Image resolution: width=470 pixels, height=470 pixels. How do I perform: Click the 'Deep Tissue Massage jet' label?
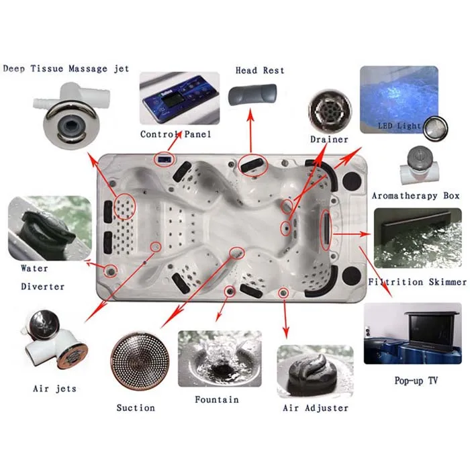point(66,70)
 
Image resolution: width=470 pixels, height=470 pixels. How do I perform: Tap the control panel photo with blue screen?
point(176,99)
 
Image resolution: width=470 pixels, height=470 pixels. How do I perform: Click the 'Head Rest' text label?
point(260,70)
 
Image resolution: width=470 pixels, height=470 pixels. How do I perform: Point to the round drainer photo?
point(329,110)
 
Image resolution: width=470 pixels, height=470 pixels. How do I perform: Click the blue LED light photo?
point(399,99)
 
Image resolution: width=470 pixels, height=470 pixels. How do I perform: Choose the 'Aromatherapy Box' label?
point(416,195)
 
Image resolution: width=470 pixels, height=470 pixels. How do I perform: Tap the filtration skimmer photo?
point(417,238)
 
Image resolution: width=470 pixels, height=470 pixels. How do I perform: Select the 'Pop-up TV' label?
point(416,381)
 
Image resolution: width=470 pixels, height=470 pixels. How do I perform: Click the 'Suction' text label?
point(136,408)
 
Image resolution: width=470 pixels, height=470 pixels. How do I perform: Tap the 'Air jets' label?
point(54,388)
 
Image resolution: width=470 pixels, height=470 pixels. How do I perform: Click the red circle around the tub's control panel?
point(163,158)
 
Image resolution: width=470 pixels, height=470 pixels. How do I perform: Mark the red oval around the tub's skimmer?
point(326,228)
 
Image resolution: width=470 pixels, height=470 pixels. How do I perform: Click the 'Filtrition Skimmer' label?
point(417,282)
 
